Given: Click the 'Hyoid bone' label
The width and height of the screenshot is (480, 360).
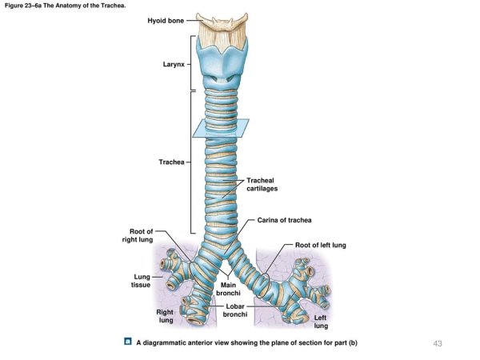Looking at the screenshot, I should click(166, 21).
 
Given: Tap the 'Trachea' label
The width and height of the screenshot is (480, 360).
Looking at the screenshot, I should click(171, 162).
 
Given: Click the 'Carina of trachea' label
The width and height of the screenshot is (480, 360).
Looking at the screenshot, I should click(284, 220).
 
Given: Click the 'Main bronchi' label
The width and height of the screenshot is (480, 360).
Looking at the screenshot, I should click(225, 290).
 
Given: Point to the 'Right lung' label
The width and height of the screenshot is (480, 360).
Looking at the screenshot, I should click(165, 316).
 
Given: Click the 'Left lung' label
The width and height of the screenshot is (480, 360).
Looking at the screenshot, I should click(320, 322).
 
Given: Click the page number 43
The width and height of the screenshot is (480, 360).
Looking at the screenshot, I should click(437, 343).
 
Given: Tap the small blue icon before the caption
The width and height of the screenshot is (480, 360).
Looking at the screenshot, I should click(128, 342).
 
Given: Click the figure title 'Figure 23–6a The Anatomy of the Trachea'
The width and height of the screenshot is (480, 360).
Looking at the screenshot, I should click(65, 6).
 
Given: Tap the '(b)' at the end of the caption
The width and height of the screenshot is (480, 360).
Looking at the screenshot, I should click(351, 343).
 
